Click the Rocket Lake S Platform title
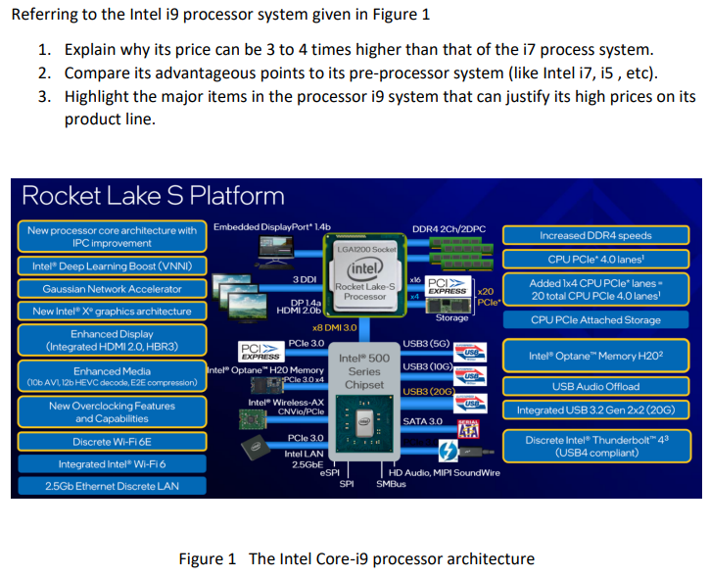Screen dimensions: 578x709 coord(153,195)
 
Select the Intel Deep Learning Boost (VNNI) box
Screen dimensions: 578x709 coord(112,266)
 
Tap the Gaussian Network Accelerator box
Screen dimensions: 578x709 coord(112,289)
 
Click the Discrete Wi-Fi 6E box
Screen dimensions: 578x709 coord(112,442)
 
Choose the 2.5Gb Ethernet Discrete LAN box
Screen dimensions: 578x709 coord(112,486)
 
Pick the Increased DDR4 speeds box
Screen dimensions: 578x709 coord(595,235)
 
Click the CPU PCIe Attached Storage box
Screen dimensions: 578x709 coord(595,320)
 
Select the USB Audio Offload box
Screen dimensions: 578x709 coord(595,386)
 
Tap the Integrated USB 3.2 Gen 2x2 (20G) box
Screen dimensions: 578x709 coord(595,409)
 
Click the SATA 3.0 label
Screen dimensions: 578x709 coord(424,421)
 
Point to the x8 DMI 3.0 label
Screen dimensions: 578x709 coord(334,327)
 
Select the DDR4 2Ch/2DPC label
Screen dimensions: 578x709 coord(449,229)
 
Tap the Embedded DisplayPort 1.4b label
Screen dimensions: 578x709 coord(272,227)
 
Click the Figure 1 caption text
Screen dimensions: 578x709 coord(356,558)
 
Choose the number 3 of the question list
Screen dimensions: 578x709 coord(45,96)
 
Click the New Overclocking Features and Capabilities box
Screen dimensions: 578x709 coord(112,412)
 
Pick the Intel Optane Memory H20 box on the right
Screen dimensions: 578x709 coord(595,356)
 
